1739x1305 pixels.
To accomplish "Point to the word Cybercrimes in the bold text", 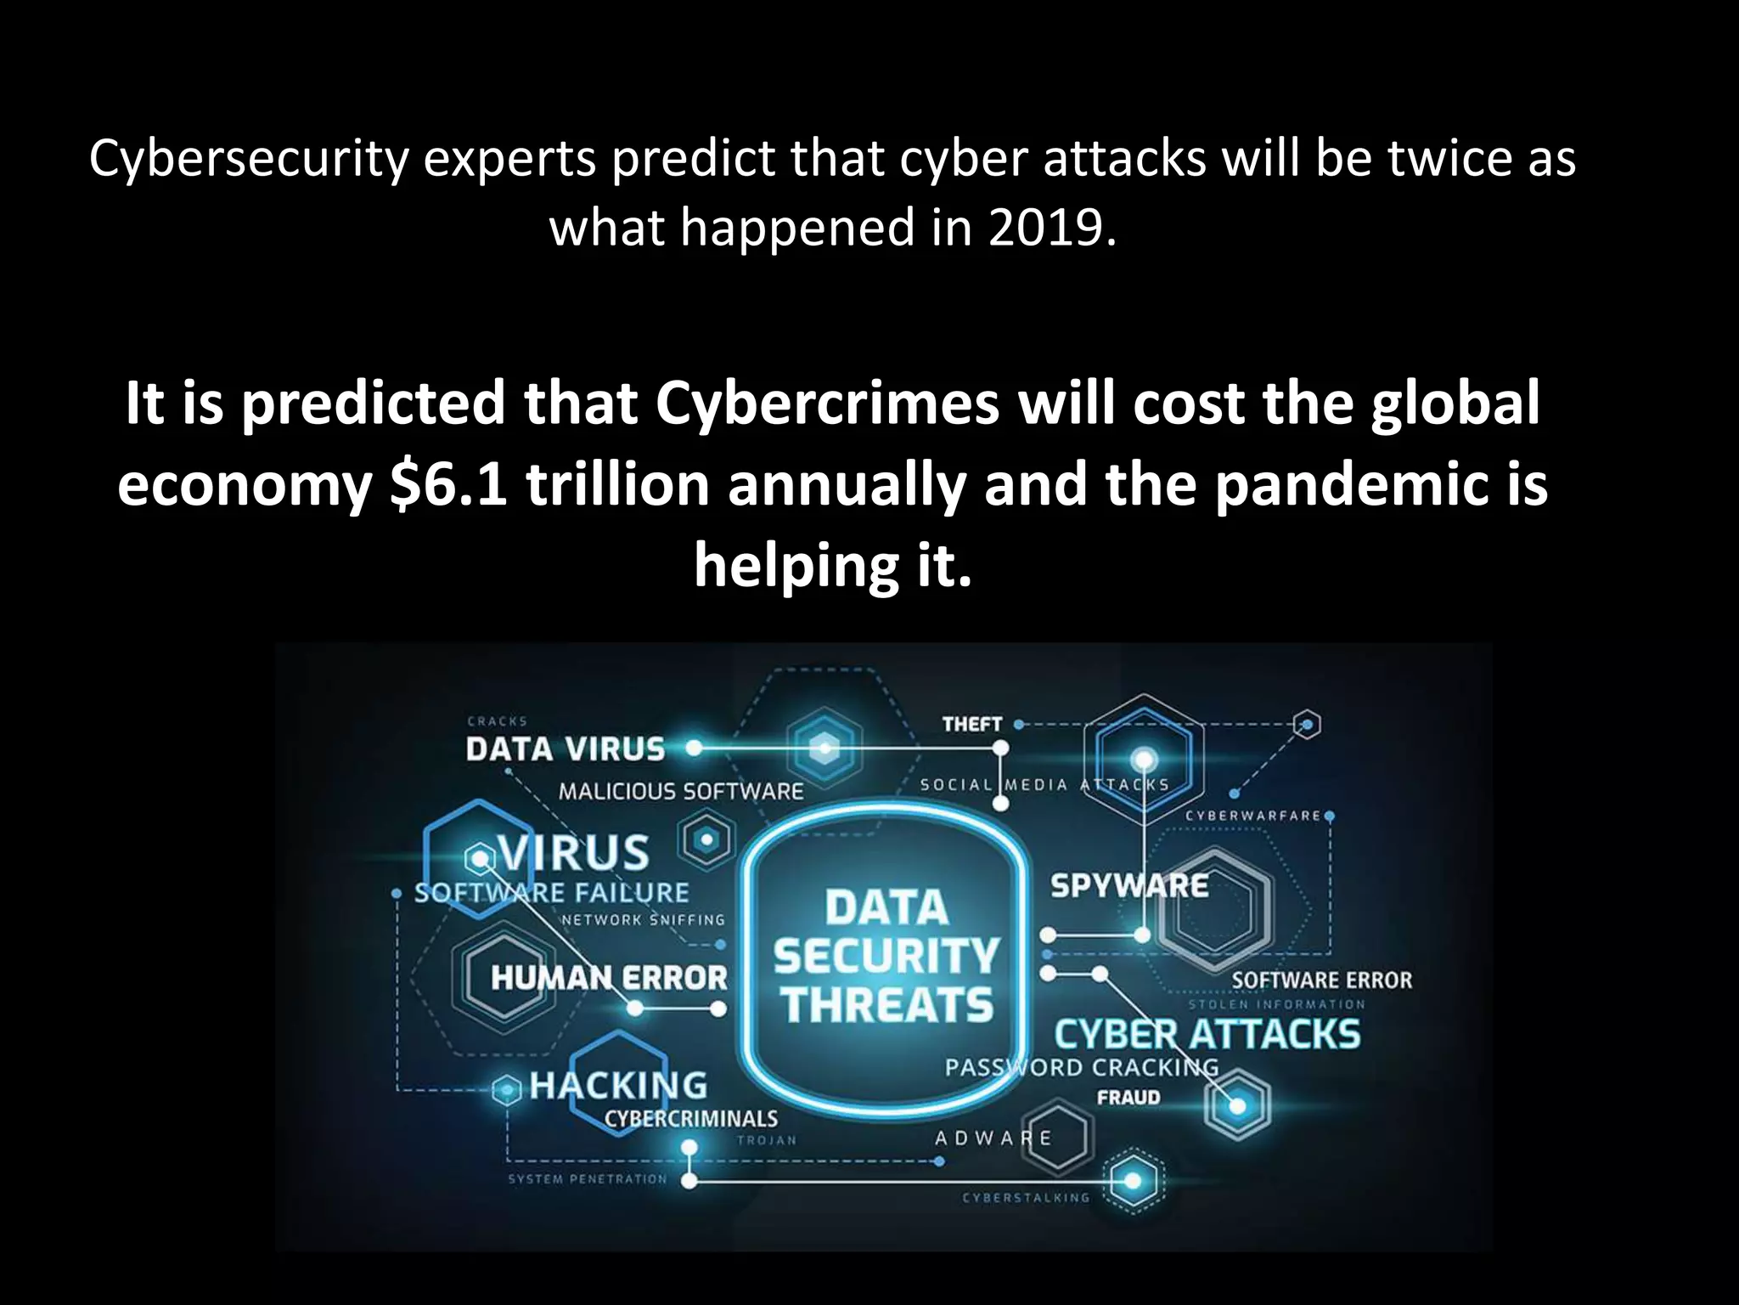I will (x=827, y=403).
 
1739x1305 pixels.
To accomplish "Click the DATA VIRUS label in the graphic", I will (x=566, y=749).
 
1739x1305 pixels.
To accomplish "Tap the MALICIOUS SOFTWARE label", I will (x=681, y=792).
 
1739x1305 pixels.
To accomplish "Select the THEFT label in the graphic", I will (x=972, y=725).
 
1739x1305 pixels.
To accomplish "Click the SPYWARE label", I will (x=1129, y=886).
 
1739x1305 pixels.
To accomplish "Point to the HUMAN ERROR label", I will (x=609, y=978).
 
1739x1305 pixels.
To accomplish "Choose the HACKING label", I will (x=618, y=1085).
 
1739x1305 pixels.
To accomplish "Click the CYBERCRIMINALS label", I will (x=691, y=1118).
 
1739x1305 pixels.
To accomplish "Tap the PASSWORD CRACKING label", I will (x=1081, y=1067).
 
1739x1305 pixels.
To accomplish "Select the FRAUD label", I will (x=1128, y=1098).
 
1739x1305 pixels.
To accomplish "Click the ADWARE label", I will (x=993, y=1138).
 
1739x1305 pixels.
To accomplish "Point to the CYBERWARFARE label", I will (x=1253, y=816).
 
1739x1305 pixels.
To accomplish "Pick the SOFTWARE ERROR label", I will (x=1322, y=980).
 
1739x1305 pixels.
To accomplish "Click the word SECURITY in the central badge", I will (x=886, y=957).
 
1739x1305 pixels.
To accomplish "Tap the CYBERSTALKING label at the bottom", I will (x=1026, y=1198).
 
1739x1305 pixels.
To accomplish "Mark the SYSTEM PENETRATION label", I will (x=588, y=1179).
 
